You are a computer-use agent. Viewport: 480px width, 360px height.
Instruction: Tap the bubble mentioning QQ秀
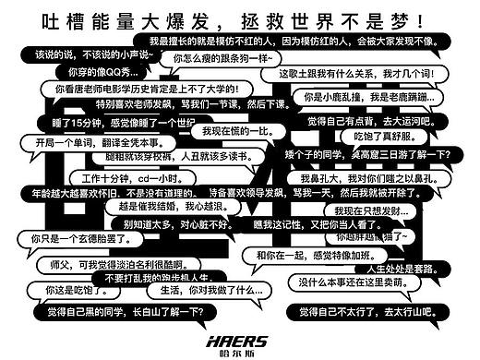tap(96, 71)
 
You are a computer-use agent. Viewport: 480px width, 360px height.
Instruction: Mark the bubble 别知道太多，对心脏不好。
tap(162, 222)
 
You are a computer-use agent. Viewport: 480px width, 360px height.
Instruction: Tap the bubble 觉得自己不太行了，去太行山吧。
tap(378, 315)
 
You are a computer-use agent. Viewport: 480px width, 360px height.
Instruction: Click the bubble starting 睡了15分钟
tap(124, 123)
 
